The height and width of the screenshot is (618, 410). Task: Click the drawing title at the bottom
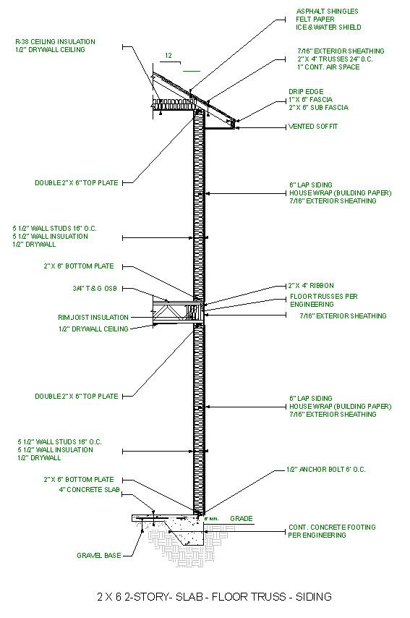(x=214, y=597)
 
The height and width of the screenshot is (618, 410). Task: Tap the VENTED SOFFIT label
(x=313, y=127)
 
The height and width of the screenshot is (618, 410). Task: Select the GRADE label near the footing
(x=242, y=518)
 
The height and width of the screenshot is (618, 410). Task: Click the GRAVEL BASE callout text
(x=99, y=555)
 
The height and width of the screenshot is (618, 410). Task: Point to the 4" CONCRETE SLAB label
(x=90, y=490)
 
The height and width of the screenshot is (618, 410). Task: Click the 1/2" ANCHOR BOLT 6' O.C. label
(x=325, y=470)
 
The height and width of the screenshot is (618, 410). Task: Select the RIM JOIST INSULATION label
(x=93, y=317)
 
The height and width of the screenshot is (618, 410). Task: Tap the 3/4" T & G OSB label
(x=95, y=289)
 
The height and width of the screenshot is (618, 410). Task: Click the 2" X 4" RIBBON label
(x=311, y=286)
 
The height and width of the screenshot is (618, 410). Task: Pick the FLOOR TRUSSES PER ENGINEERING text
(x=324, y=300)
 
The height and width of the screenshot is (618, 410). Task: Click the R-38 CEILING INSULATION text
(x=55, y=41)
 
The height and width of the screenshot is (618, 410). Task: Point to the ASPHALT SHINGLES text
(x=328, y=11)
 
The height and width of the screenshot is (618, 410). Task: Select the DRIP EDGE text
(x=306, y=91)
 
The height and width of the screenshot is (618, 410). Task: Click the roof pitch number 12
(x=168, y=56)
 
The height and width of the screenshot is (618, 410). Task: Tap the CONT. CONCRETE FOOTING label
(x=332, y=527)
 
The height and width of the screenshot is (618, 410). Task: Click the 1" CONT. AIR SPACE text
(x=328, y=67)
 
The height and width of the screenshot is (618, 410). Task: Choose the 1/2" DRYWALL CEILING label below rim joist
(x=93, y=329)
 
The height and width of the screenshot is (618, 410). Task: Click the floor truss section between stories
(x=178, y=313)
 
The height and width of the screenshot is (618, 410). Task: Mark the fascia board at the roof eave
(x=234, y=124)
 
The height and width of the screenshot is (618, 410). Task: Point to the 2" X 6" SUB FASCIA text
(x=319, y=108)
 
